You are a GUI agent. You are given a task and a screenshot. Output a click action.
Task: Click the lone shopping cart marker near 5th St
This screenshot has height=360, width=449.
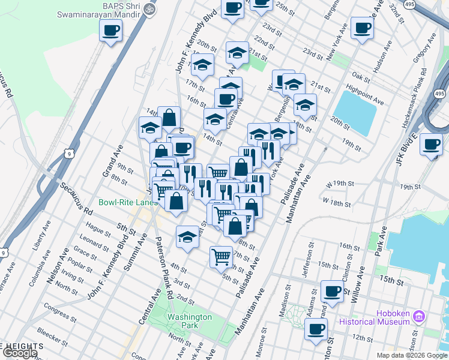(x=221, y=257)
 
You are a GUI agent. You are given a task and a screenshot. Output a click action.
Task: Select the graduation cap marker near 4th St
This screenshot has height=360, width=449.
(x=188, y=238)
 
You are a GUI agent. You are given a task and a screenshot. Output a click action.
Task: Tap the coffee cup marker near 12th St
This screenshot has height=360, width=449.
(x=316, y=329)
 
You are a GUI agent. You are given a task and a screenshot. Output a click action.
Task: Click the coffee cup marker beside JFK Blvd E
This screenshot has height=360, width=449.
(x=432, y=144)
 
